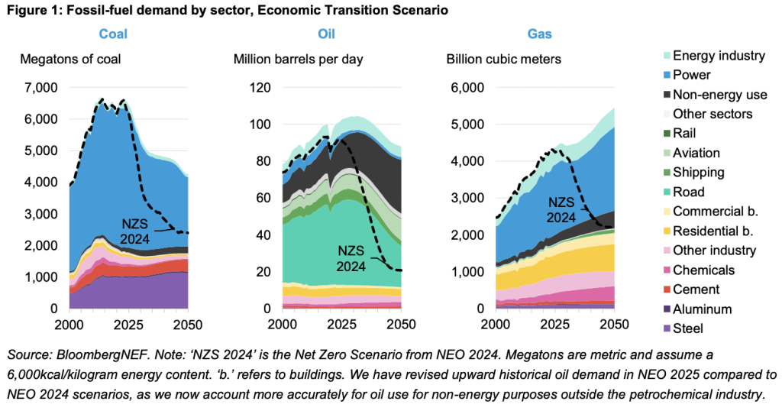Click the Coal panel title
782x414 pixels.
coord(113,34)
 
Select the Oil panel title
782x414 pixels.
coord(326,34)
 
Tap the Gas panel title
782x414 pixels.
coord(541,34)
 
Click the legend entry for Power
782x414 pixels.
coord(691,75)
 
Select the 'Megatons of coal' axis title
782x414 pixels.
coord(70,60)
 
